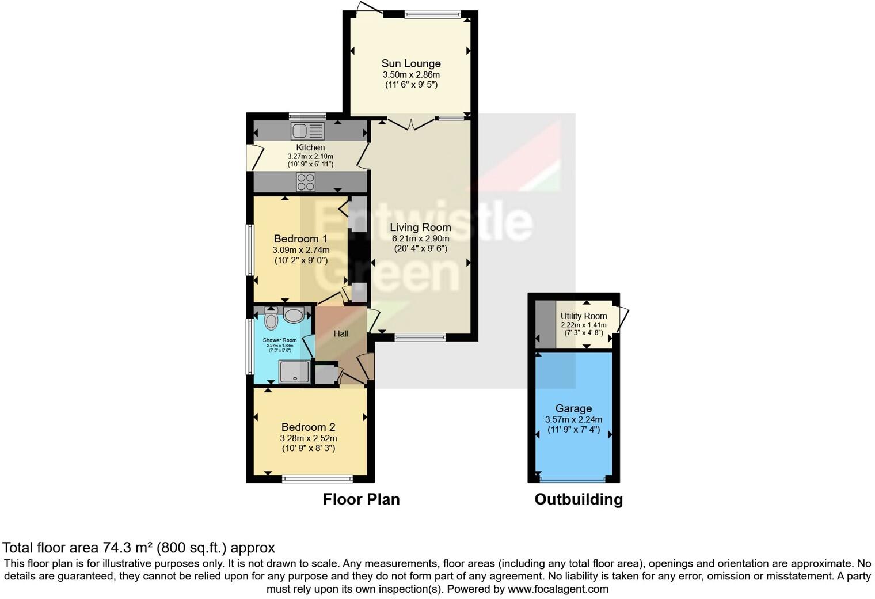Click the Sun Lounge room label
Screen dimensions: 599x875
pyautogui.click(x=411, y=63)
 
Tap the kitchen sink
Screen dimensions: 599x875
pyautogui.click(x=308, y=131)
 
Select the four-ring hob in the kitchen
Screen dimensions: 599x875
pyautogui.click(x=306, y=182)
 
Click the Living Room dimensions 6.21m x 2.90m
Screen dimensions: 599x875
pyautogui.click(x=420, y=238)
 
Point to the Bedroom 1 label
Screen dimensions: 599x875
pyautogui.click(x=300, y=238)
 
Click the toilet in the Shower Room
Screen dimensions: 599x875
pyautogui.click(x=272, y=320)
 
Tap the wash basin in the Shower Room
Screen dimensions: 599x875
pyautogui.click(x=294, y=315)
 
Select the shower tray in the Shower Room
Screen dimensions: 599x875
pyautogui.click(x=295, y=371)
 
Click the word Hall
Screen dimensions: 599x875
pyautogui.click(x=341, y=333)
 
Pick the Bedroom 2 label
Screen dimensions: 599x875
pyautogui.click(x=308, y=427)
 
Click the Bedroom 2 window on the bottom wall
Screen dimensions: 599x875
pyautogui.click(x=317, y=478)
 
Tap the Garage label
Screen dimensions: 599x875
pyautogui.click(x=573, y=408)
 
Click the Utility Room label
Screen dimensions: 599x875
pyautogui.click(x=584, y=316)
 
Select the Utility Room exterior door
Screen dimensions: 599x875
pyautogui.click(x=621, y=319)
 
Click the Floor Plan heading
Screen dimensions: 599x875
pyautogui.click(x=361, y=499)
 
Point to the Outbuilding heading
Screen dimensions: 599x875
pyautogui.click(x=579, y=499)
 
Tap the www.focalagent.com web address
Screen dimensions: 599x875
pyautogui.click(x=558, y=589)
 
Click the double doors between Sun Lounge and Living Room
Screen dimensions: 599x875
pyautogui.click(x=411, y=123)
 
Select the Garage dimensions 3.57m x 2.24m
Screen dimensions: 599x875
pyautogui.click(x=573, y=420)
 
